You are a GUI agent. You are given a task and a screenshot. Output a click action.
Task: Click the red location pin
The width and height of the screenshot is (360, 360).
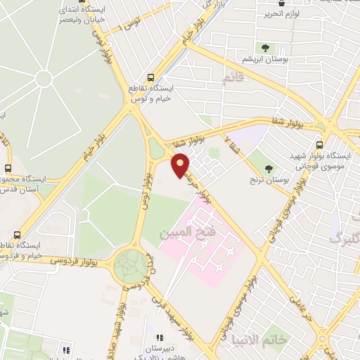(x=181, y=164)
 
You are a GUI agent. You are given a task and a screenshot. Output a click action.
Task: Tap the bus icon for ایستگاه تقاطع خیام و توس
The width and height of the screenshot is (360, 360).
(x=150, y=78)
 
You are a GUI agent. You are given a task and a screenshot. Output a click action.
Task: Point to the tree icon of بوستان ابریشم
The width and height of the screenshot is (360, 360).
(x=265, y=48)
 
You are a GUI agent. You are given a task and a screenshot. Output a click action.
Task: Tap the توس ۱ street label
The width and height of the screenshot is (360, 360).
(x=150, y=264)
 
